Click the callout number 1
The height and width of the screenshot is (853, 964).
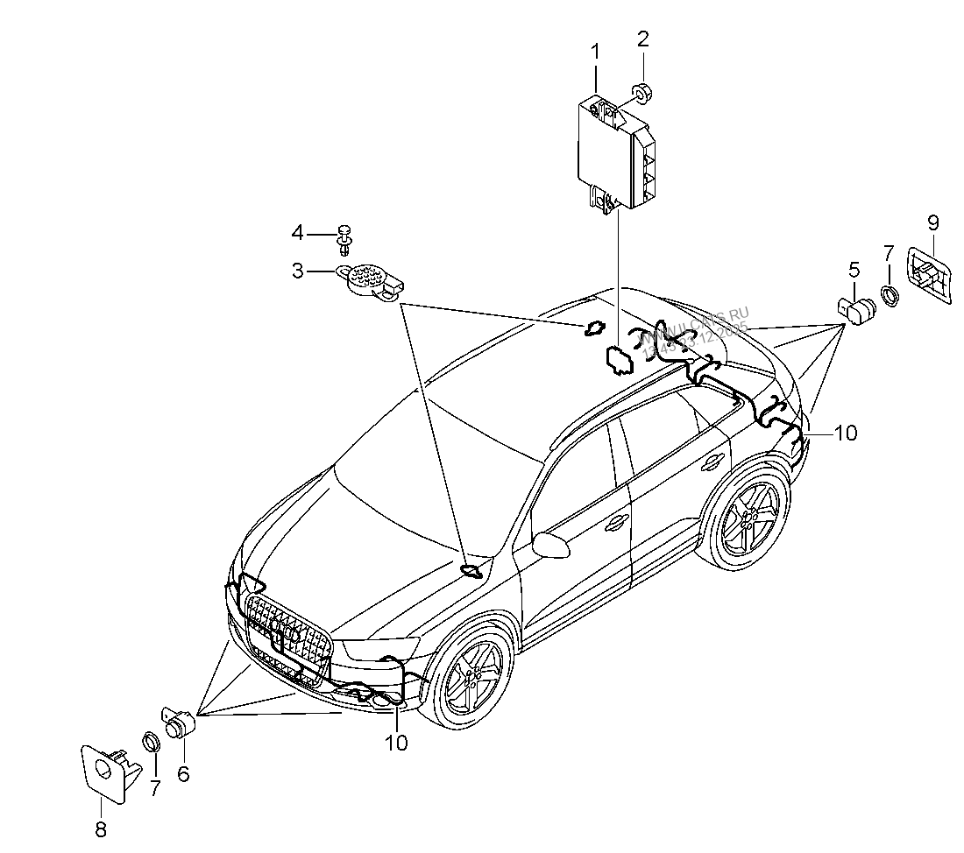pos(596,52)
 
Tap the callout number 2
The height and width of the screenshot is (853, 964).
pos(643,39)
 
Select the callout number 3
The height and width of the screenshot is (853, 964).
pos(299,271)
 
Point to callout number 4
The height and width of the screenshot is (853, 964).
pos(299,233)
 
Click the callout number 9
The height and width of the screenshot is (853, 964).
pos(932,222)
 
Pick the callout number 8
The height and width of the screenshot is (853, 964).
pos(100,829)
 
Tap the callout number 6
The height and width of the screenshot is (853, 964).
pos(183,773)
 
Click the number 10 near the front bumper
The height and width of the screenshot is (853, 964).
pos(396,743)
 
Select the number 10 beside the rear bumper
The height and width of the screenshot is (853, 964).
pos(845,432)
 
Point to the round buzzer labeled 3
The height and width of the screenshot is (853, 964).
pos(369,281)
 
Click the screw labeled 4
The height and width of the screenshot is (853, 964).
pos(346,236)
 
